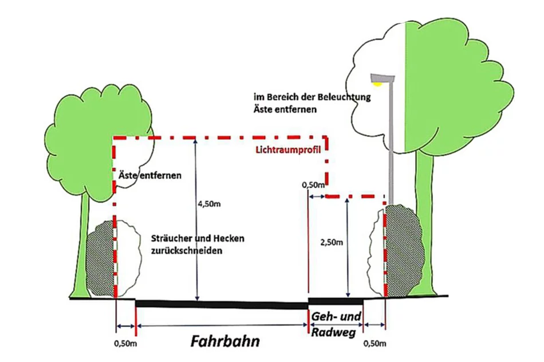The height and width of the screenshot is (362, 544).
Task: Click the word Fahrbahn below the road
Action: click(x=225, y=342)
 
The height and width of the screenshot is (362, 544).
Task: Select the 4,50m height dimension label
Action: click(x=208, y=204)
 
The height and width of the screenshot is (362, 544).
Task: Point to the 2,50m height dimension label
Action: click(x=332, y=242)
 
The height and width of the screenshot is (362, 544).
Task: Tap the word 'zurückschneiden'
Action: click(x=186, y=250)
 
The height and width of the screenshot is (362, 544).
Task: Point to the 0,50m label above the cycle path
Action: click(x=313, y=185)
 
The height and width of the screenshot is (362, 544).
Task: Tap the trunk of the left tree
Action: click(x=80, y=246)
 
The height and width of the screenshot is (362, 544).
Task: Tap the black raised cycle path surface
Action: click(x=336, y=300)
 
